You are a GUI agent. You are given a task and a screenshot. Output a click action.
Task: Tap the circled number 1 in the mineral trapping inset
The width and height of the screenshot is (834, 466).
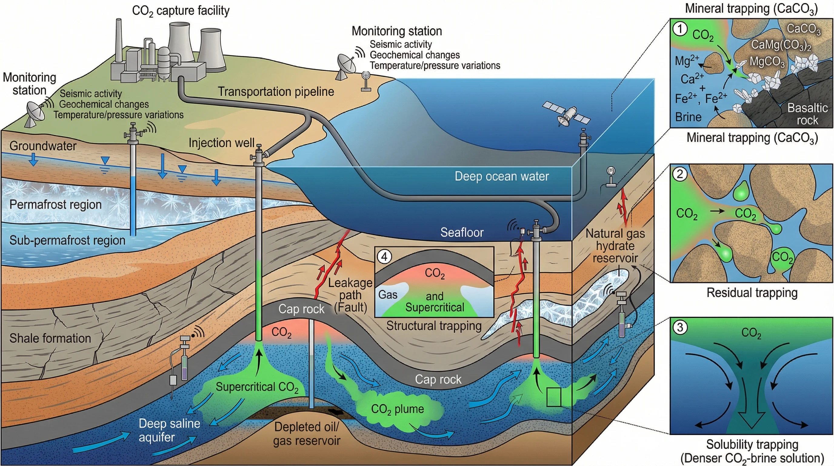pos(680,29)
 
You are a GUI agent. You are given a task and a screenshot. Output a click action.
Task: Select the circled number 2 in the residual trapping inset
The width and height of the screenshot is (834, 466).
pos(680,174)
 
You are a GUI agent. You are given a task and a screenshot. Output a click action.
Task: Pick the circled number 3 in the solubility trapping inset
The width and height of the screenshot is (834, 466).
pos(680,327)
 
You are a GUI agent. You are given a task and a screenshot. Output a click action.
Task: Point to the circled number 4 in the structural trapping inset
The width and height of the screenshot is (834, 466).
pos(384,257)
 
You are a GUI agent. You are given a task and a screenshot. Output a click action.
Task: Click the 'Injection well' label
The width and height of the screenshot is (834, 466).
pos(222,143)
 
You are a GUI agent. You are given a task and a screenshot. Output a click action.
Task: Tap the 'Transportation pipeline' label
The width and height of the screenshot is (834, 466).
pos(276,92)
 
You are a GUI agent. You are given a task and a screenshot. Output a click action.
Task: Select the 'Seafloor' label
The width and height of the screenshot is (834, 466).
pos(462,232)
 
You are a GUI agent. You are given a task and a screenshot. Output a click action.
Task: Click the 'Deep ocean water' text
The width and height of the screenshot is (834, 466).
pos(502,176)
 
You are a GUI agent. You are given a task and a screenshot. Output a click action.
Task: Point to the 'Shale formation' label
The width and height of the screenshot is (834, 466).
pos(50,338)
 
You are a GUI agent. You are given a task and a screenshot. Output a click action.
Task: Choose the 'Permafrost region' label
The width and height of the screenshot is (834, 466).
pos(55,204)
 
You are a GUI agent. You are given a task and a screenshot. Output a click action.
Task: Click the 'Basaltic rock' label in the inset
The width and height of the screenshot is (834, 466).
pos(807,114)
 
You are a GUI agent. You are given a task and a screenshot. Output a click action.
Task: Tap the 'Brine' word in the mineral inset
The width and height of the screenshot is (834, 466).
pos(688,117)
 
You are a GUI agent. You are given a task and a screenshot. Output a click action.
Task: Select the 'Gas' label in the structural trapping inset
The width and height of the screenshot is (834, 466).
pos(388,295)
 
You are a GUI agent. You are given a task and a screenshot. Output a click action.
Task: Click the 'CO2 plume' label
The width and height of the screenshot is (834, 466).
pos(397,409)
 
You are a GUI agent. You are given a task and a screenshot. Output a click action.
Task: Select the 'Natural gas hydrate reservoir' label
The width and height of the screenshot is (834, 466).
pos(615,246)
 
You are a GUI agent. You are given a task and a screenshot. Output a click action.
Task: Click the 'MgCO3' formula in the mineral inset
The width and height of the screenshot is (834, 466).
pos(767,62)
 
